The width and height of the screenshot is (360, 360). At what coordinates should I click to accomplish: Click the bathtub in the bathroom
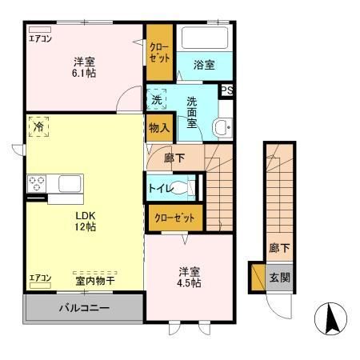pyautogui.click(x=204, y=39)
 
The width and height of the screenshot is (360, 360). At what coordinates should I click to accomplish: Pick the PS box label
pyautogui.click(x=226, y=90)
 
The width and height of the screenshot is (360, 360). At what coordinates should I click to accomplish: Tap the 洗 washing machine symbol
pyautogui.click(x=157, y=101)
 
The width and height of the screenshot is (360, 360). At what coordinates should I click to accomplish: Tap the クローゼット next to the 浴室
pyautogui.click(x=158, y=53)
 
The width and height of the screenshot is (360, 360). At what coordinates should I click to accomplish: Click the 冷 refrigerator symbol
pyautogui.click(x=38, y=127)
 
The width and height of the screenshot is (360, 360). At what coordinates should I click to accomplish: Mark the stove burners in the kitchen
pyautogui.click(x=36, y=182)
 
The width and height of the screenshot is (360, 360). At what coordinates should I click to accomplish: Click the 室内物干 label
pyautogui.click(x=94, y=279)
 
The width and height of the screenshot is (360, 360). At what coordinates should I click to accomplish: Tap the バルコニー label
pyautogui.click(x=83, y=306)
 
